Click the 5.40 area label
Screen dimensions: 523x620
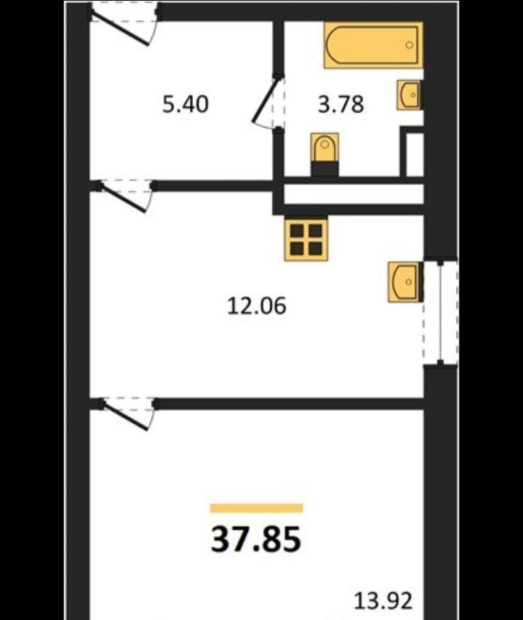pyautogui.click(x=185, y=105)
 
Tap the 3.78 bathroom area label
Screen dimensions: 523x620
pyautogui.click(x=341, y=105)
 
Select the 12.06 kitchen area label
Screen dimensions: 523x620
pyautogui.click(x=257, y=306)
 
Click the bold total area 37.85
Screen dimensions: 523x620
pyautogui.click(x=256, y=540)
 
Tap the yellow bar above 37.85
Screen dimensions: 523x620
pyautogui.click(x=257, y=508)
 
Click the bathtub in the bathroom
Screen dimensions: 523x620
pyautogui.click(x=374, y=45)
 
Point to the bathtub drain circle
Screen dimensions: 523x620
pyautogui.click(x=409, y=45)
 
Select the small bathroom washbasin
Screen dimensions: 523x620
pyautogui.click(x=409, y=95)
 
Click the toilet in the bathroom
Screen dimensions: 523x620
pyautogui.click(x=324, y=154)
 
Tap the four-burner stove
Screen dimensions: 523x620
pyautogui.click(x=306, y=239)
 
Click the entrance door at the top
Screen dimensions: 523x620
pyautogui.click(x=126, y=24)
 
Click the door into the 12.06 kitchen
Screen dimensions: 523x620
pyautogui.click(x=125, y=195)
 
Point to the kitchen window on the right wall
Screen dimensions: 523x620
pyautogui.click(x=441, y=312)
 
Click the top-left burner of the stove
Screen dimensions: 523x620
pyautogui.click(x=297, y=231)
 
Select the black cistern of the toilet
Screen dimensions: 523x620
pyautogui.click(x=324, y=169)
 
